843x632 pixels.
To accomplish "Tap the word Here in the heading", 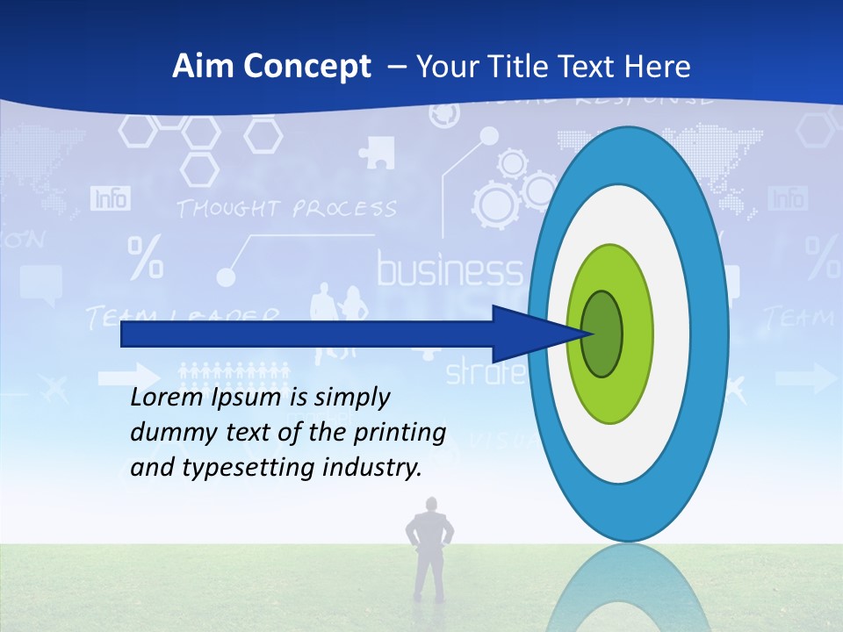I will coord(657,67).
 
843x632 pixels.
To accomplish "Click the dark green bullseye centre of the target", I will coord(602,334).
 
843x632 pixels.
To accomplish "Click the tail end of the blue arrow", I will coord(123,334).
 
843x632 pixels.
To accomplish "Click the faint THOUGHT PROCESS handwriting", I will coord(285,209).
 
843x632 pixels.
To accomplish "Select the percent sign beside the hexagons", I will coord(145,257).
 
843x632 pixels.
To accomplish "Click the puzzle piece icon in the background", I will coord(378,151).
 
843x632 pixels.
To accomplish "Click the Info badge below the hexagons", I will coord(110,198).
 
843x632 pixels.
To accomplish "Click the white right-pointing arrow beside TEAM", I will coord(806,378).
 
